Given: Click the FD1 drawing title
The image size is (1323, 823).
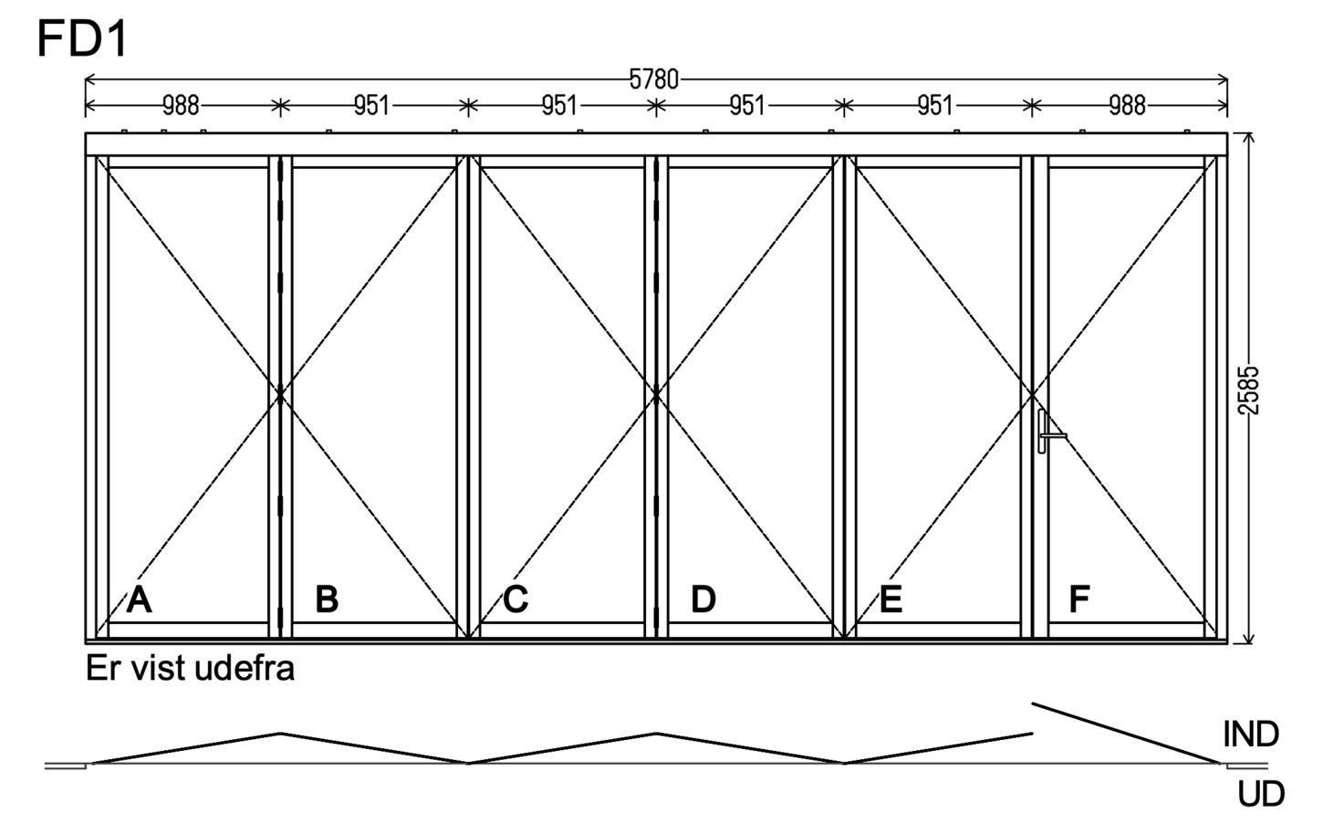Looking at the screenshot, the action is click(82, 39).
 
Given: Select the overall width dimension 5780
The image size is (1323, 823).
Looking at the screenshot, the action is click(654, 79).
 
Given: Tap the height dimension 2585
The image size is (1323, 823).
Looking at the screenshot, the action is click(1248, 391).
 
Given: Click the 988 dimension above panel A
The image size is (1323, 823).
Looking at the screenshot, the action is click(182, 106).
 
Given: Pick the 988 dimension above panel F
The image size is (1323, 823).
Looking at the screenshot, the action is click(1127, 106).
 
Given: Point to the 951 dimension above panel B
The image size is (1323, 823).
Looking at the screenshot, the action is click(372, 106).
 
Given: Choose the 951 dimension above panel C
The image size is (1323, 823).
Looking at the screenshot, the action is click(559, 106).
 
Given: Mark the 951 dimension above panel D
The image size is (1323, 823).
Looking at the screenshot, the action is click(747, 106).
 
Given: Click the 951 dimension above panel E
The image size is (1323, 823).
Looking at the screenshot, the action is click(935, 106).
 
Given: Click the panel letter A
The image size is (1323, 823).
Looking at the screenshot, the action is click(139, 599).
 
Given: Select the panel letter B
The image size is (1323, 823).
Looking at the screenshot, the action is click(328, 599).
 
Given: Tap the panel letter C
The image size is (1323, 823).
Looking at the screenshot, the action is click(516, 599).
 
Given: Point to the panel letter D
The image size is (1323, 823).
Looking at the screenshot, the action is click(703, 599).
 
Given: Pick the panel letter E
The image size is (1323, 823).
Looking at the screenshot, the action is click(891, 599).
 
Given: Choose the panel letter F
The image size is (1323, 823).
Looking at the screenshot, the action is click(1079, 599).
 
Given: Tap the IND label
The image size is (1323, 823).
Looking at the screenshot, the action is click(1250, 734).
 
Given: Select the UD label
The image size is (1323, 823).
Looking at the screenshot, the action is click(1261, 794).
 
